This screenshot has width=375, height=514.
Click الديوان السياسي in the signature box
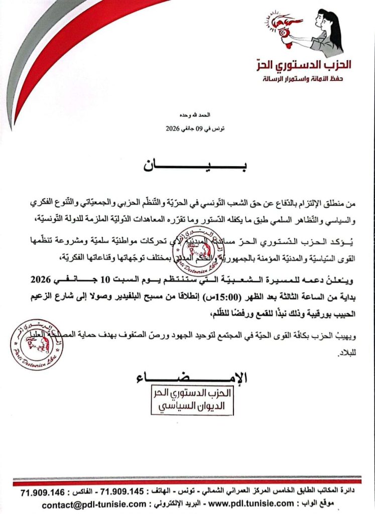[x=193, y=406]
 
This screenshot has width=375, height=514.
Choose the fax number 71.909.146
[x=43, y=491]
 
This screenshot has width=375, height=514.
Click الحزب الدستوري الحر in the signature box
[x=193, y=393]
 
